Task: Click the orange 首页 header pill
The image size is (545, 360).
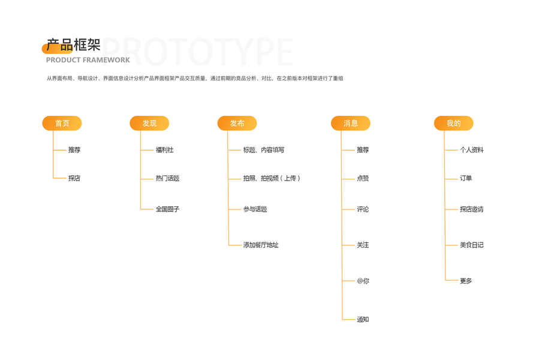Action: point(62,123)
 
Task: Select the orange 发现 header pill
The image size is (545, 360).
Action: point(149,123)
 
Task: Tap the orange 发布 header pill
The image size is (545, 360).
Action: point(237,123)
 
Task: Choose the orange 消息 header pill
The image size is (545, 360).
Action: point(351,123)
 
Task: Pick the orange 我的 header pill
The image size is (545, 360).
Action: point(454,123)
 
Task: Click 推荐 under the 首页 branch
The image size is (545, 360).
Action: point(74,150)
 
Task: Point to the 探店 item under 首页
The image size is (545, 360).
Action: point(74,178)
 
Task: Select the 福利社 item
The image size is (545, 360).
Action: point(165,150)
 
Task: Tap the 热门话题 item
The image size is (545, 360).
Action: point(168,178)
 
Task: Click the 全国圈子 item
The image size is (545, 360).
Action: point(168,209)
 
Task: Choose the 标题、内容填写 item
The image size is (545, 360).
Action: point(264,150)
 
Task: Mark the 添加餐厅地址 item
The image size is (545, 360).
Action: point(261,245)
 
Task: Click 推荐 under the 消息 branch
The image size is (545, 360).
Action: point(363,150)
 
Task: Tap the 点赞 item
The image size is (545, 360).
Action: point(363,178)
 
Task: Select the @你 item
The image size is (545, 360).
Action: point(363,281)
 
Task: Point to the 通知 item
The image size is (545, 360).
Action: point(363,319)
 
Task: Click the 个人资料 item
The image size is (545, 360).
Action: point(472,150)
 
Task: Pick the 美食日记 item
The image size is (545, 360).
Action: point(472,245)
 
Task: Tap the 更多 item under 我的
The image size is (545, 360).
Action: point(466,281)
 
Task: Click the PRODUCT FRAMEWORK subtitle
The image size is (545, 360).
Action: point(88,60)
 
